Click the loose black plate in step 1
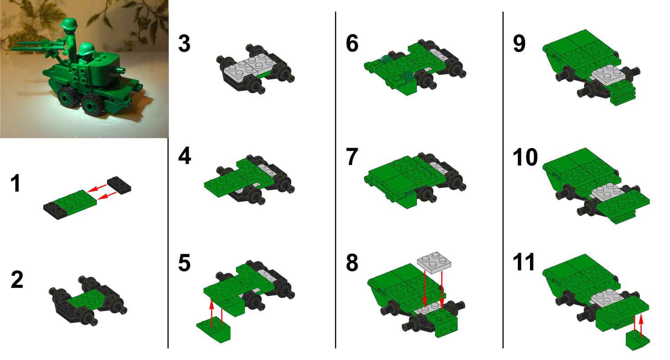click(x=119, y=184)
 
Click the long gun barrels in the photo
click(x=32, y=45)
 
